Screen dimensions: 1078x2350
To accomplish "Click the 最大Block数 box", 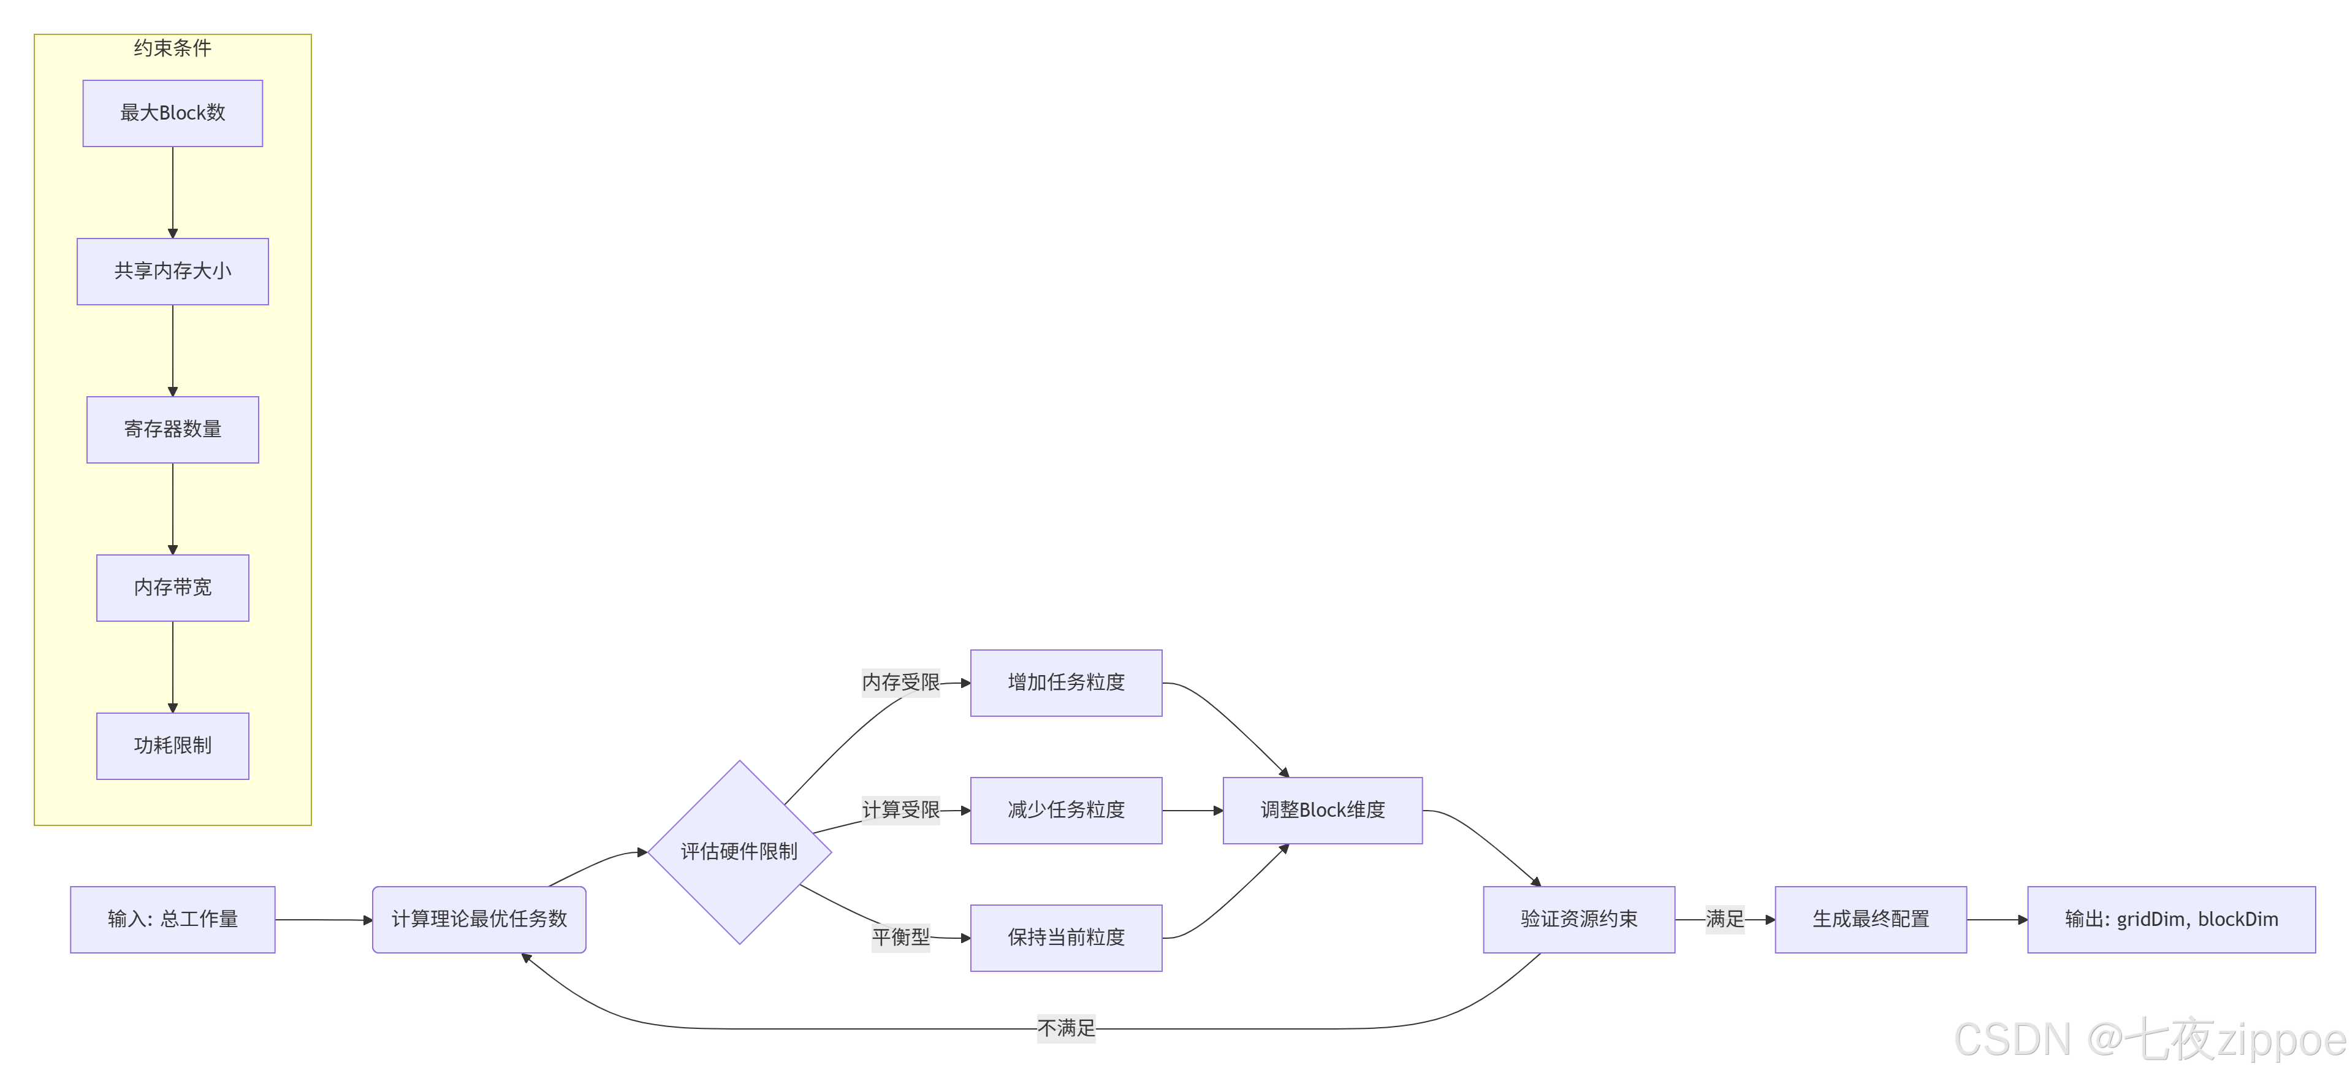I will click(172, 113).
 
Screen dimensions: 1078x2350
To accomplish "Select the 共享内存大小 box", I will click(172, 271).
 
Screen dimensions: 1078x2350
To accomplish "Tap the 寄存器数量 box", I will click(172, 429).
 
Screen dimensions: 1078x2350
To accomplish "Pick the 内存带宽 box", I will click(172, 588).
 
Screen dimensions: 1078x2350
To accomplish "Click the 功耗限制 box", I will click(172, 746).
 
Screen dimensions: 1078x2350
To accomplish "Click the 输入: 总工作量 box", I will click(172, 919).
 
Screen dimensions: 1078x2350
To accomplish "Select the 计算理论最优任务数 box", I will click(479, 919).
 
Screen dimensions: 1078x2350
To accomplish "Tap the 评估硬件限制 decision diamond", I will click(739, 852).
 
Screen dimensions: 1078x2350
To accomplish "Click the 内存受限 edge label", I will click(900, 682).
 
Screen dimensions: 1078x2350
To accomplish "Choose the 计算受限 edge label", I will click(900, 809).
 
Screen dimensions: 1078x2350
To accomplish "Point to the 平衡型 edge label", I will click(900, 938).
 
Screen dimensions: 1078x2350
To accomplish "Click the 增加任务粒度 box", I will click(1065, 682).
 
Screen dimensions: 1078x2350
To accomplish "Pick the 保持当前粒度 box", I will click(1065, 938).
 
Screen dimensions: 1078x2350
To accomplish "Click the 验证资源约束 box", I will click(1578, 919).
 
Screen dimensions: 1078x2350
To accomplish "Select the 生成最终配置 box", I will click(1870, 919).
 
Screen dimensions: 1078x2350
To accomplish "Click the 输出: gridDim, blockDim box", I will click(2170, 919).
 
